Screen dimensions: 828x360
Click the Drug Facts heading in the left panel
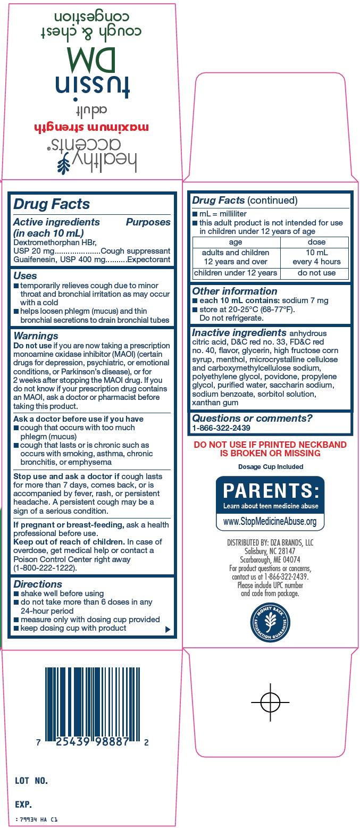pos(52,204)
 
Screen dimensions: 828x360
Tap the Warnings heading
pos(36,336)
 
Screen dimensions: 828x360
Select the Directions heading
pos(38,584)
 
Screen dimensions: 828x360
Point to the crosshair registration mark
pos(270,702)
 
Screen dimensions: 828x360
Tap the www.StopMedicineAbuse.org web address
pos(270,521)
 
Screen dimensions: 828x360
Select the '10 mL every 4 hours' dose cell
pos(316,257)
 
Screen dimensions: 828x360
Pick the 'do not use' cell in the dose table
pos(316,273)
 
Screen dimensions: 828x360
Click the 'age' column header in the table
pos(236,242)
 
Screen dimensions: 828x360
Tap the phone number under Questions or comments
pos(221,428)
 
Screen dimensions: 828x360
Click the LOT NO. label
pos(32,781)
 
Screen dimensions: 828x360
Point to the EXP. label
pos(24,804)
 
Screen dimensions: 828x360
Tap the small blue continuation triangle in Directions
pos(168,629)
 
